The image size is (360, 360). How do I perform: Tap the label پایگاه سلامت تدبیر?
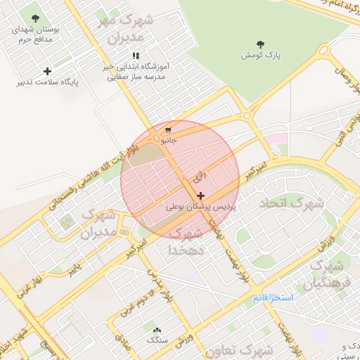coord(48,82)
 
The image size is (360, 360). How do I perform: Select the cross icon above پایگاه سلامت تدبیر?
coord(47,71)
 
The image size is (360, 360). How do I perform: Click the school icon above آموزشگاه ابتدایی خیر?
coord(136,56)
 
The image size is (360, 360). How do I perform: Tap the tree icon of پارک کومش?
coord(261,44)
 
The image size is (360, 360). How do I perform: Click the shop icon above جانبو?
coord(168,130)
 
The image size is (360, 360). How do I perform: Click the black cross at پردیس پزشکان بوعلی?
coord(201,195)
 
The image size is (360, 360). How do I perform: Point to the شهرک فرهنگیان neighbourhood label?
coord(325,276)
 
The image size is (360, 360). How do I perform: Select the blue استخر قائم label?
coord(273,298)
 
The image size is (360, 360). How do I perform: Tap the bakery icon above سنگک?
coord(155,329)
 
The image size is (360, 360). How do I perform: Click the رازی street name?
coord(200,172)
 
